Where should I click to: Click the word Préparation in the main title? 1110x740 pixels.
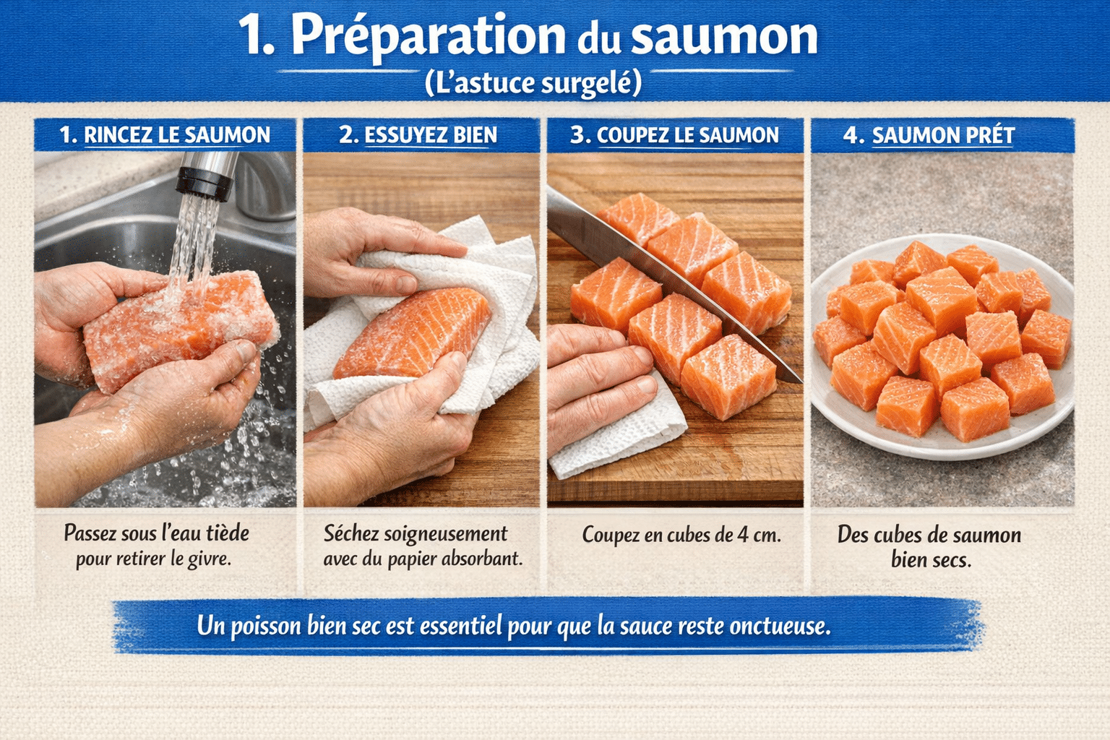click(428, 36)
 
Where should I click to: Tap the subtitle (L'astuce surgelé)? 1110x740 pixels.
click(533, 83)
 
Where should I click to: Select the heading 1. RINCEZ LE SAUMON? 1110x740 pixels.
click(165, 135)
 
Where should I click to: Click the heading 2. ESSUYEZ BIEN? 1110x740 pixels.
click(418, 135)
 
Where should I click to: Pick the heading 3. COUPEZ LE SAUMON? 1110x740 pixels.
click(674, 135)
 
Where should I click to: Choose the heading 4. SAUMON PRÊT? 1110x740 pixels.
click(929, 135)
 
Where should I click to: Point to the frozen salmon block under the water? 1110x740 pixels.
click(181, 329)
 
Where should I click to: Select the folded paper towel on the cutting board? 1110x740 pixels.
click(621, 434)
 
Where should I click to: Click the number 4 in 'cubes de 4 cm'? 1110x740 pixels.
click(742, 535)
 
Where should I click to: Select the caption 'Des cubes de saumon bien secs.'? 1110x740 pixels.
click(929, 547)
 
